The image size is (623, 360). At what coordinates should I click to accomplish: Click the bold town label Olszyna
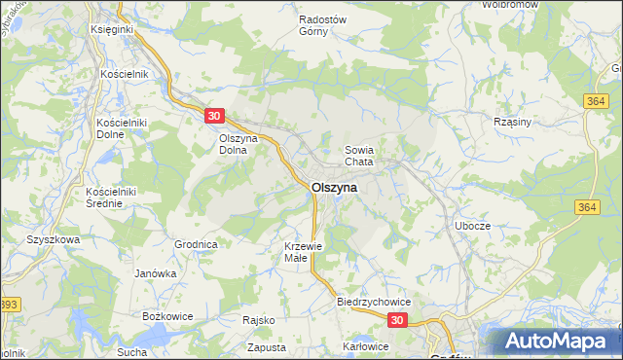(334, 187)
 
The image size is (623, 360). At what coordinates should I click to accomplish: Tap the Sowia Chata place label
(359, 156)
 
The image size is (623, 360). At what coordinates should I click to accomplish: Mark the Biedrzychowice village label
(375, 302)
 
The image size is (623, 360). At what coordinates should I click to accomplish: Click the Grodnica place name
(195, 244)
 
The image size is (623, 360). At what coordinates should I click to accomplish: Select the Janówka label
(156, 273)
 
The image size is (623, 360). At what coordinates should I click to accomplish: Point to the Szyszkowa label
(52, 238)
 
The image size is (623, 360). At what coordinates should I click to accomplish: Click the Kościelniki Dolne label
(121, 128)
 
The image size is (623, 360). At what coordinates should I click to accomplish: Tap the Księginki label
(111, 30)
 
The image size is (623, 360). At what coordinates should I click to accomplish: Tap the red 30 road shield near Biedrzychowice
(397, 319)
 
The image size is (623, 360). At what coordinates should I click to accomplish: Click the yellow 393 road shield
(9, 305)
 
